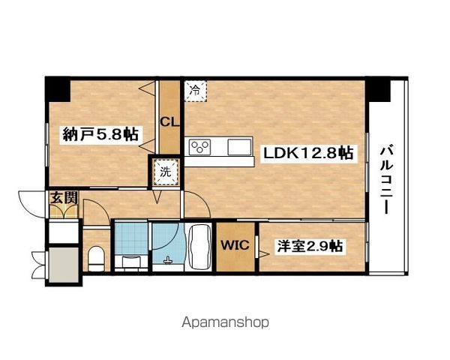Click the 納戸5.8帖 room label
[100, 134]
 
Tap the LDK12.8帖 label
[307, 153]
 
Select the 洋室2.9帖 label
[309, 246]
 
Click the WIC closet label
[235, 245]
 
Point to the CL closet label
[169, 122]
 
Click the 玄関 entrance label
[64, 198]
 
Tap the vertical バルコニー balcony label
[386, 181]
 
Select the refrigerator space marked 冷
[195, 91]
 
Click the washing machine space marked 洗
[166, 172]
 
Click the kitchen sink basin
[239, 147]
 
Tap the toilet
[96, 258]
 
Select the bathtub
[198, 247]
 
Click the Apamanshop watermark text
[225, 323]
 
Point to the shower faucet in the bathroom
[167, 260]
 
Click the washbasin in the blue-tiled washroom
[130, 262]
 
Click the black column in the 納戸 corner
[58, 89]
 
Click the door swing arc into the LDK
[200, 199]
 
